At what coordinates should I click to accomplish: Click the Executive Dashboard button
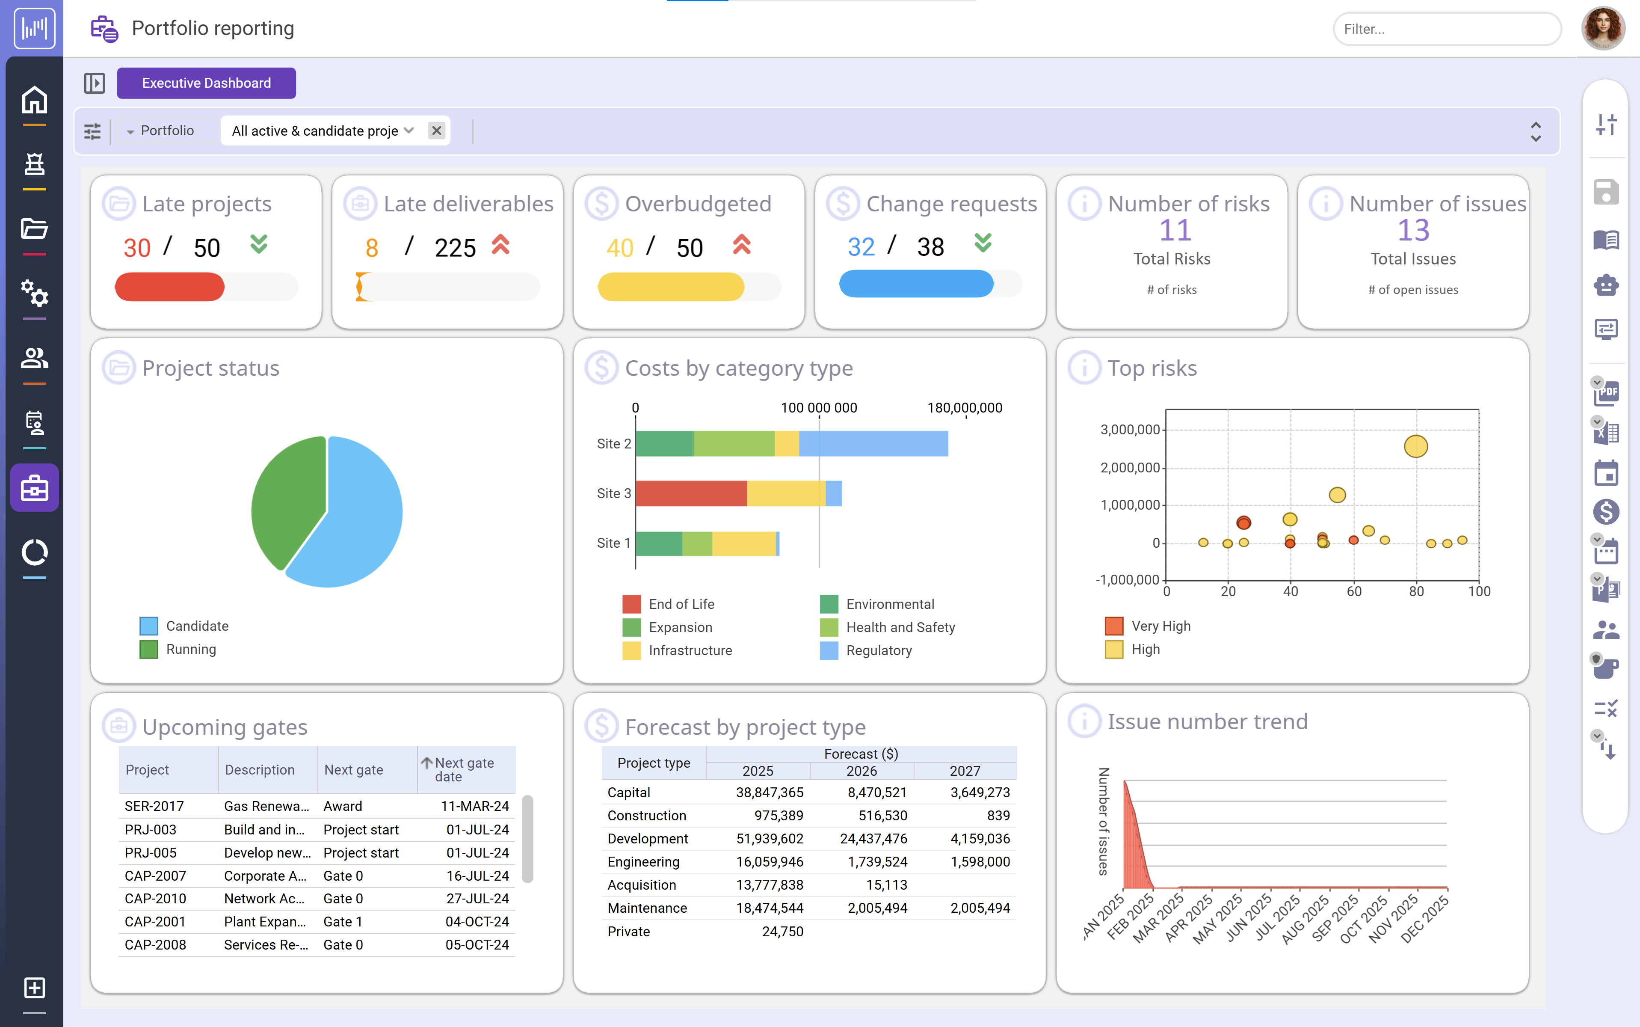[206, 83]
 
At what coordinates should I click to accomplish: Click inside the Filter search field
[1446, 29]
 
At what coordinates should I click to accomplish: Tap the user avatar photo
[1603, 29]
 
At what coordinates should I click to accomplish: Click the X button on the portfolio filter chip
[436, 131]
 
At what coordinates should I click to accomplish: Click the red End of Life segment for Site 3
[690, 493]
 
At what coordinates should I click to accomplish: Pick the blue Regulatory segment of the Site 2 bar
[873, 444]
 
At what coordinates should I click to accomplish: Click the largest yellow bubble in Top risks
[1415, 446]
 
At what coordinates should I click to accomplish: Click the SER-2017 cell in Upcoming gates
[154, 806]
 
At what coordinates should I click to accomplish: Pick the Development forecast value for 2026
[873, 839]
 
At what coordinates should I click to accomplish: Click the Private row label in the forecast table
[628, 931]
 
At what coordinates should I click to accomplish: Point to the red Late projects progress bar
[170, 287]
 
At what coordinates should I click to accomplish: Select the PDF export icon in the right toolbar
[1606, 392]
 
